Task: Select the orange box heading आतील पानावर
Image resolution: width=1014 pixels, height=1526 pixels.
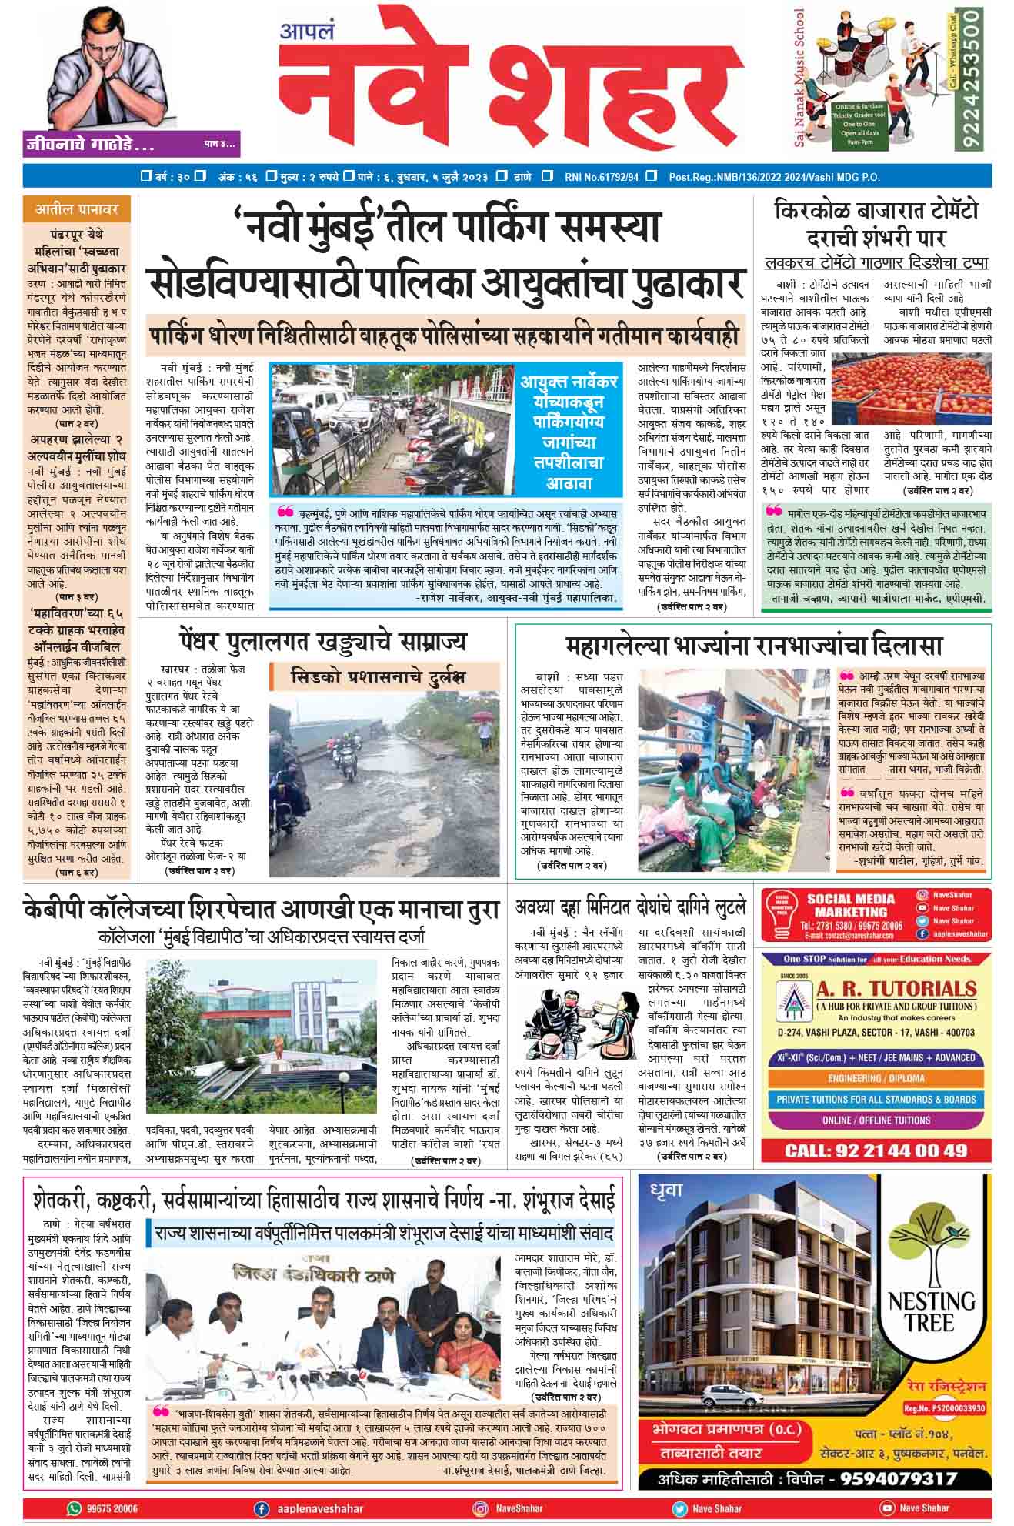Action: point(76,209)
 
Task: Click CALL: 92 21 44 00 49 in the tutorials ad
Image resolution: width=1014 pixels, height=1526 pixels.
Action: point(876,1150)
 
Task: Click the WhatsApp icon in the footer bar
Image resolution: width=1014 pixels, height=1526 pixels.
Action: point(74,1508)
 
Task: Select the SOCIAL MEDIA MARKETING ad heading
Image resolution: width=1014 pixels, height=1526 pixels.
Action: point(850,904)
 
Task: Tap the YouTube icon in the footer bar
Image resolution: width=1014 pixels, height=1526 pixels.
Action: point(886,1508)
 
